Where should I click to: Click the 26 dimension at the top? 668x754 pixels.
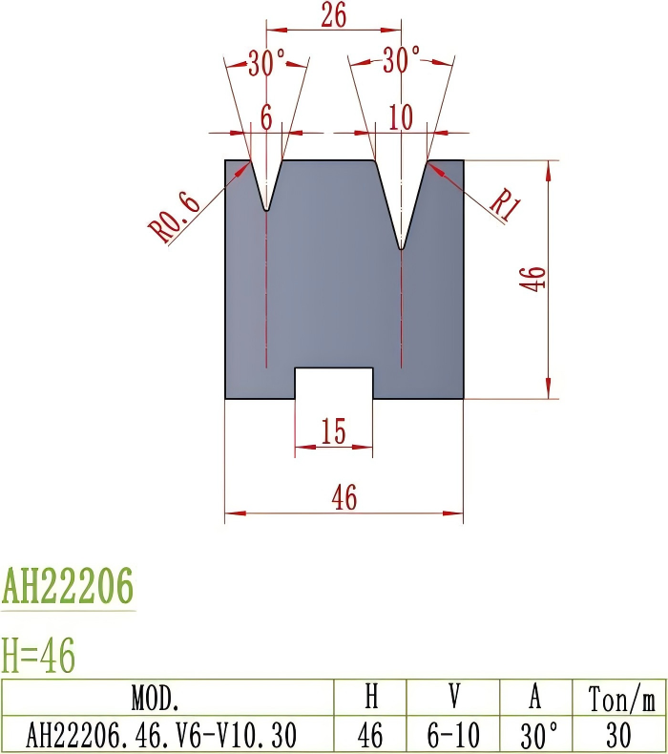[334, 15]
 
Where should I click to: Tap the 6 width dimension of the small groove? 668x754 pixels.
[265, 117]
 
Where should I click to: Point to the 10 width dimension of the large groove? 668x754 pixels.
[401, 117]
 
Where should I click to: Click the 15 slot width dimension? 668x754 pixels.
[333, 432]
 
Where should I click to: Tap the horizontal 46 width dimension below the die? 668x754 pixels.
[344, 498]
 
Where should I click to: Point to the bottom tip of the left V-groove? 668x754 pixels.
[267, 208]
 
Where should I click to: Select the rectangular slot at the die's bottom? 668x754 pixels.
[333, 383]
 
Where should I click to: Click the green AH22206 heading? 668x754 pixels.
[68, 586]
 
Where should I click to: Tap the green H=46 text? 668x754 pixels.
[39, 657]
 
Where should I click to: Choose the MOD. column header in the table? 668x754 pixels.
[167, 699]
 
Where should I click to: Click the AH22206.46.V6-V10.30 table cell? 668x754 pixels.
[160, 735]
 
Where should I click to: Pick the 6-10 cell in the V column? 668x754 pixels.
[454, 735]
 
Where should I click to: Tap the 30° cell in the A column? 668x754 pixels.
[535, 735]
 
